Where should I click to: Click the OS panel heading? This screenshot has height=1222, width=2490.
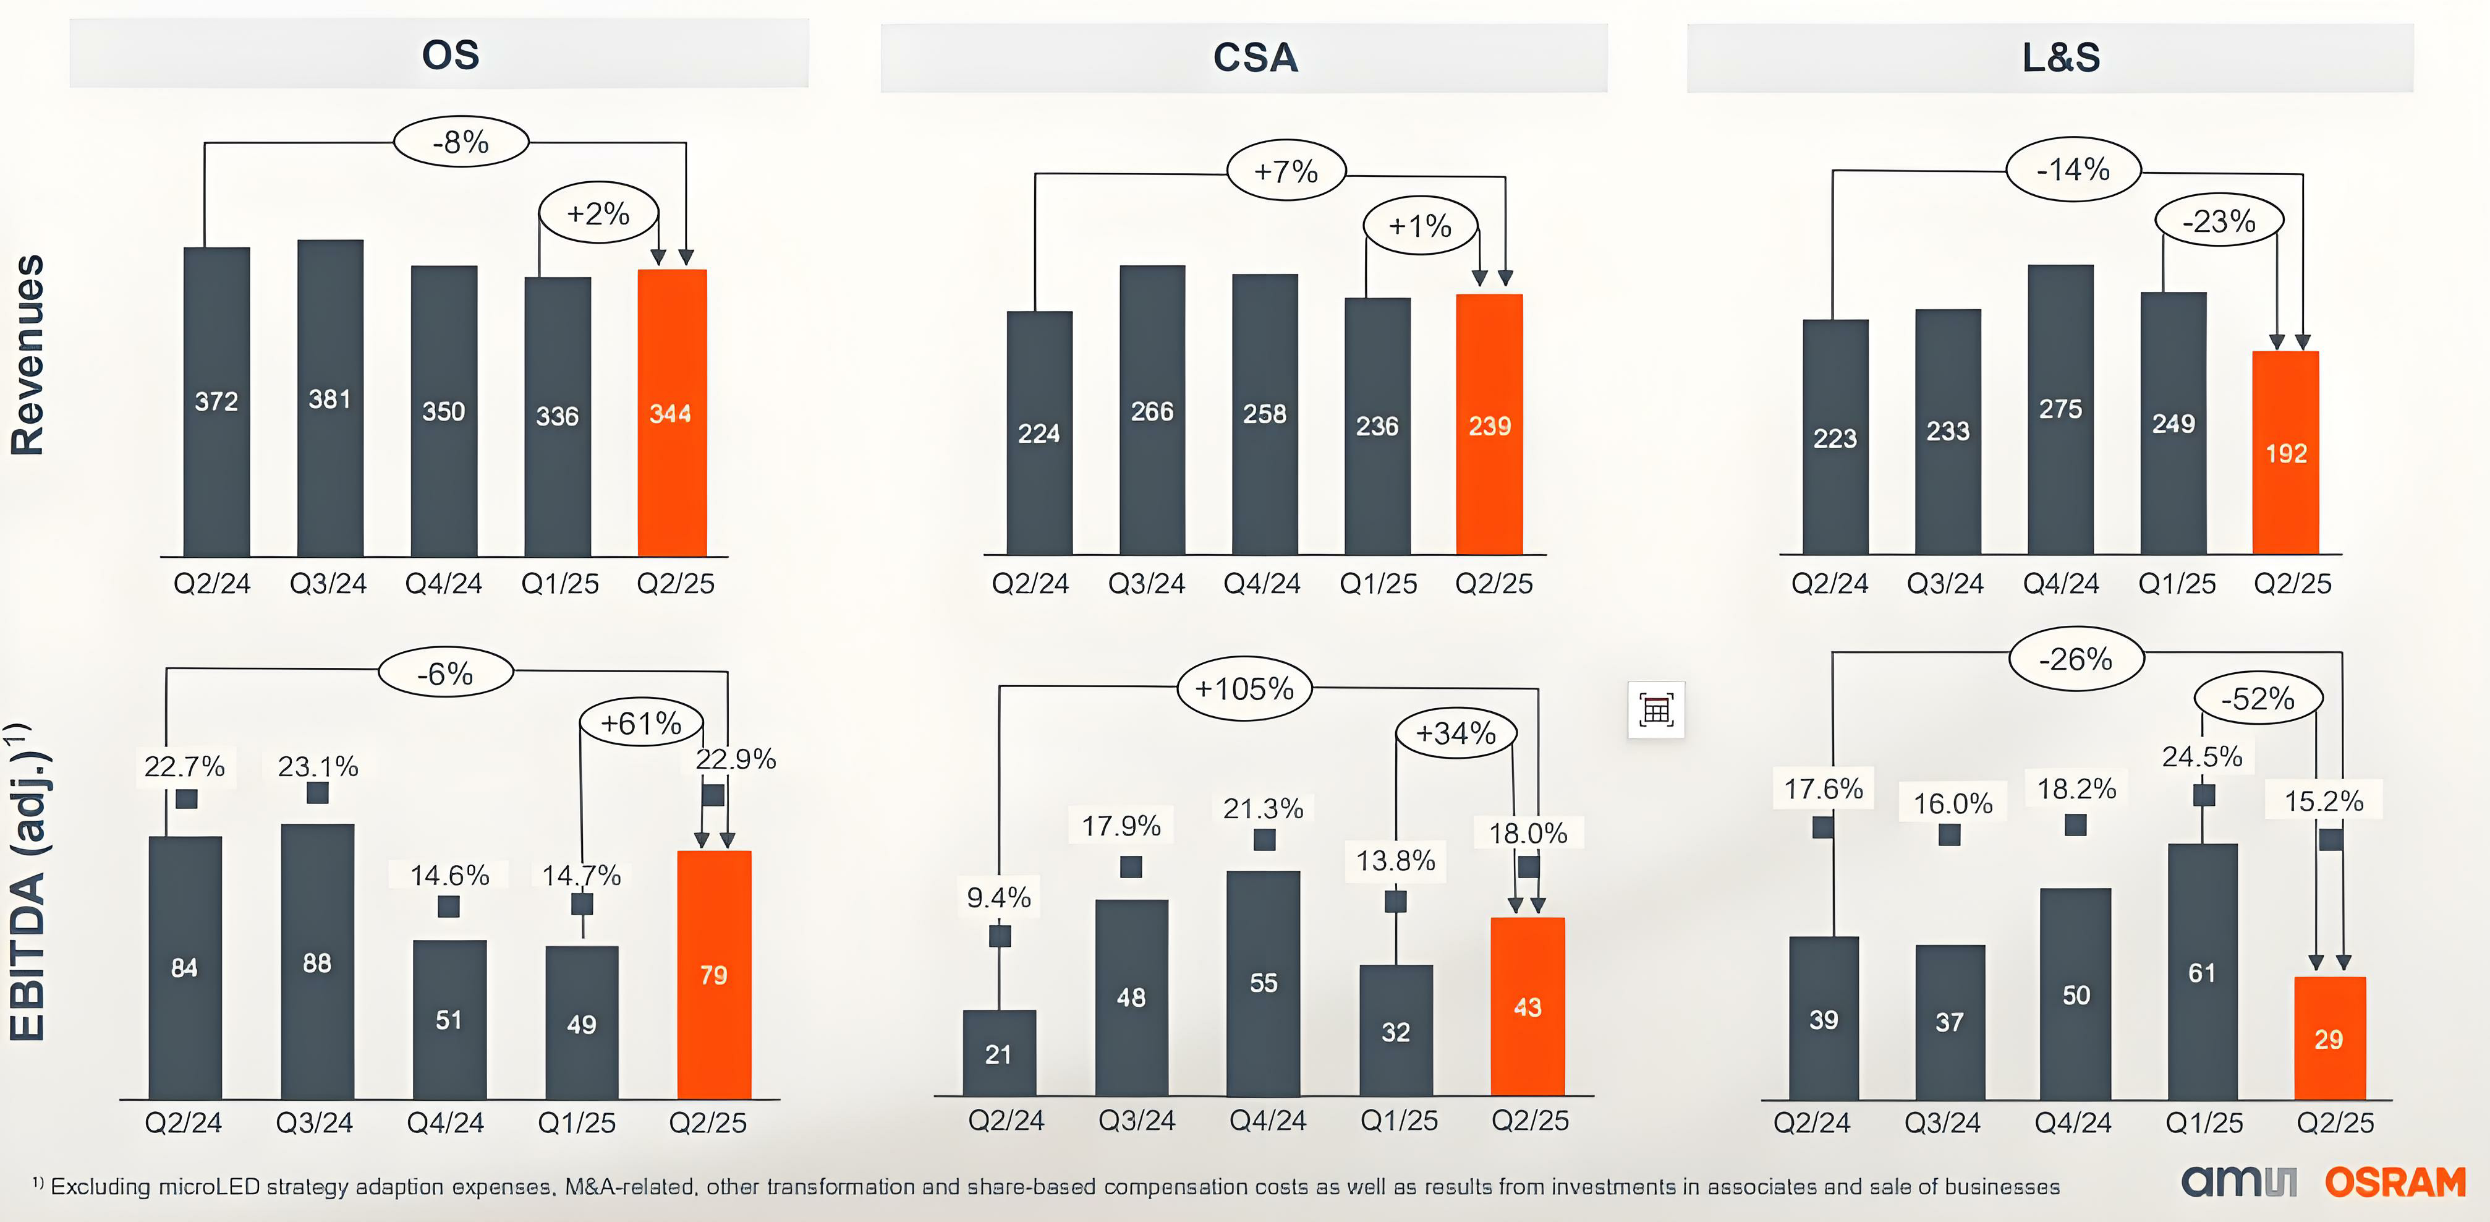click(451, 55)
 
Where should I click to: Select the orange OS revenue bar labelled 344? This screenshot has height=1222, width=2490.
click(672, 413)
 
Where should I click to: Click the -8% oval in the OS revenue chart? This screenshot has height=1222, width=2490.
click(461, 142)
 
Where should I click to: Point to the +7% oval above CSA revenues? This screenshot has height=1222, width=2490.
click(1286, 171)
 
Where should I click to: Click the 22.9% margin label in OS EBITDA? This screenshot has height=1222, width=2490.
click(736, 759)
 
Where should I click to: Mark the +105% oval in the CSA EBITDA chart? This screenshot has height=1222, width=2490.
click(1244, 688)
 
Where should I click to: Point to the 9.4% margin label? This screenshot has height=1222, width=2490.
click(998, 897)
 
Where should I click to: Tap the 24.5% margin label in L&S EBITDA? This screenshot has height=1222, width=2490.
click(2202, 756)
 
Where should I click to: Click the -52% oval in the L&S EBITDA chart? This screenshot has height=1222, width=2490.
click(2257, 698)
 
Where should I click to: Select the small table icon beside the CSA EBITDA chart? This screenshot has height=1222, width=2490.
click(1656, 709)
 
